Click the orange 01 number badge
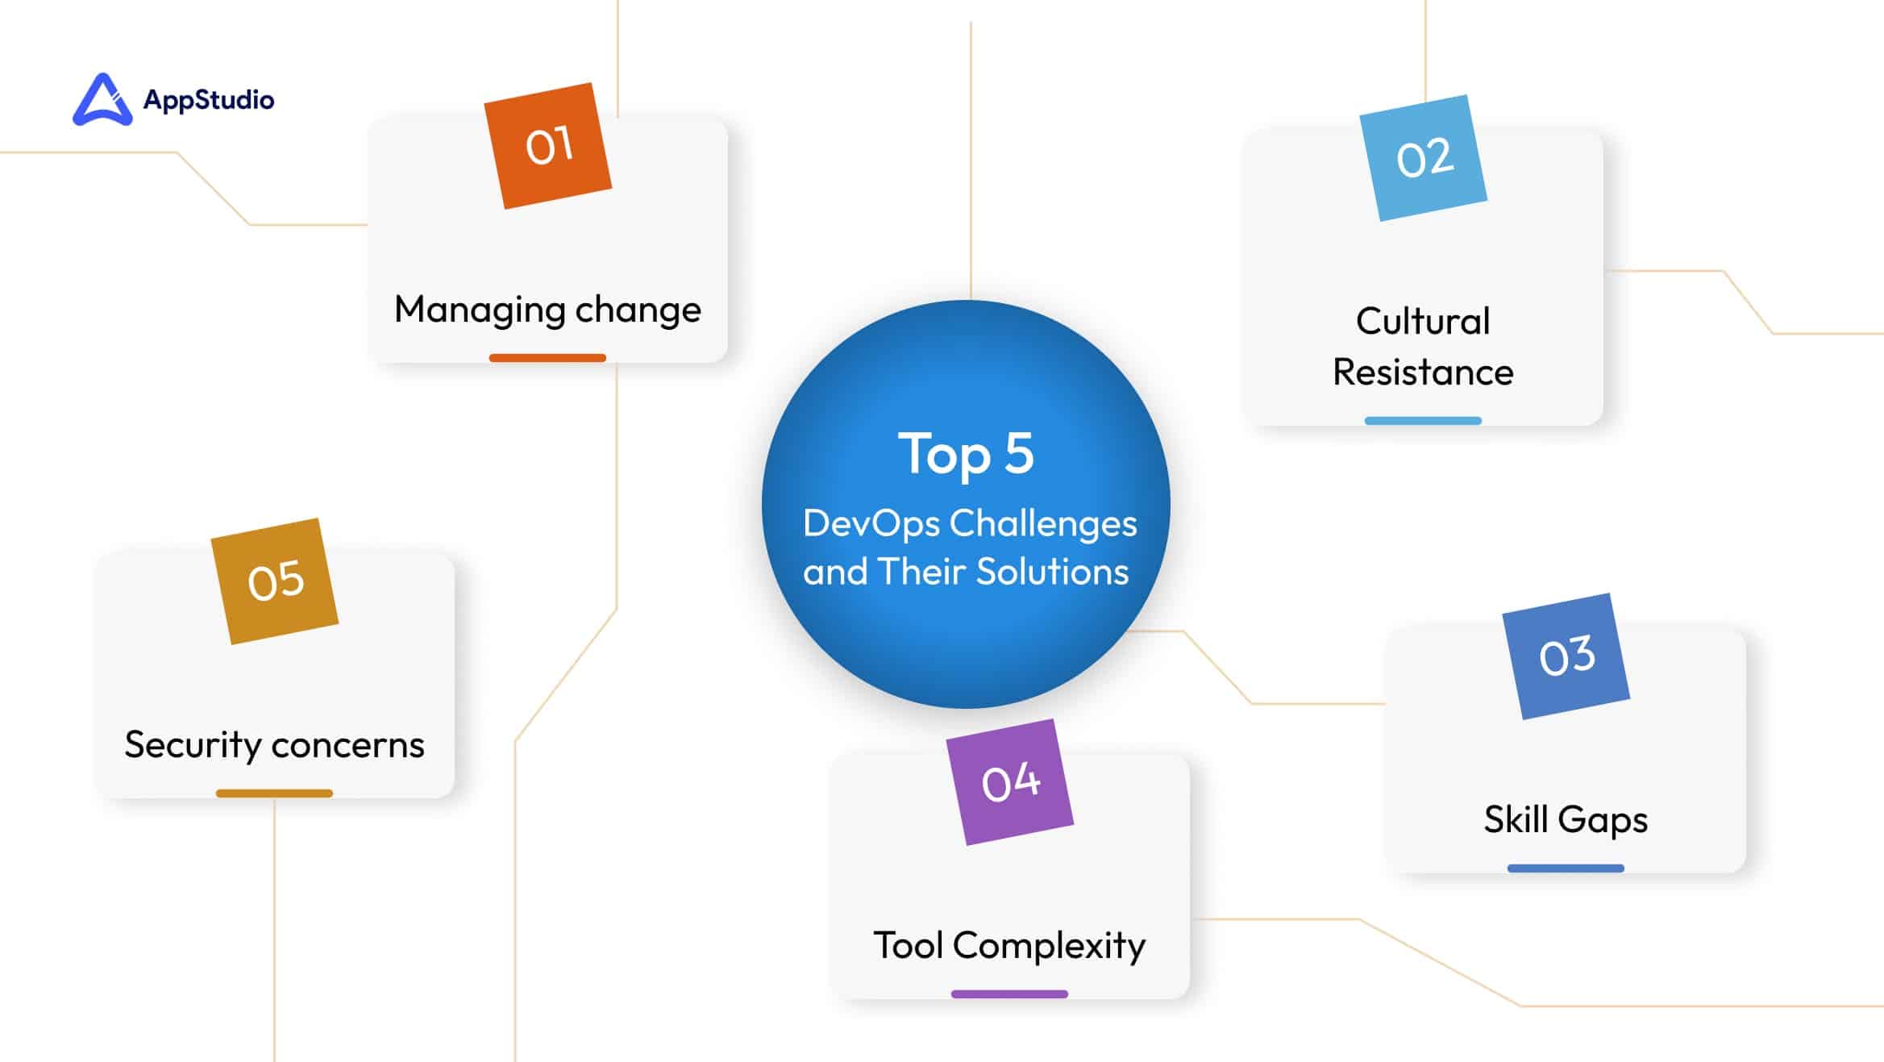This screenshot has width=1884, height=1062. click(x=547, y=146)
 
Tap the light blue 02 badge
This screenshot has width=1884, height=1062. click(x=1424, y=158)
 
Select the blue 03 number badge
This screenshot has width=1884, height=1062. click(x=1566, y=656)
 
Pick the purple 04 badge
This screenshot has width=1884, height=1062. click(x=1010, y=782)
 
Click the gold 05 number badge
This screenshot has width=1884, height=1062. click(x=275, y=581)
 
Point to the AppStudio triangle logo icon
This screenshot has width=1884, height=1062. click(x=102, y=100)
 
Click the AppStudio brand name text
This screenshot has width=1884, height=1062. click(x=209, y=100)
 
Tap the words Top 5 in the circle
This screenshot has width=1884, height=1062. click(x=966, y=453)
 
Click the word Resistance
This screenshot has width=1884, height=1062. click(x=1423, y=373)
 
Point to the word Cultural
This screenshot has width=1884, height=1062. click(x=1423, y=321)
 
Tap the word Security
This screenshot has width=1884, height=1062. click(x=193, y=746)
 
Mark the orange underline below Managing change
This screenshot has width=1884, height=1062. click(x=547, y=358)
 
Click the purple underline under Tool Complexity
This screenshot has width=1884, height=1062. click(x=1009, y=994)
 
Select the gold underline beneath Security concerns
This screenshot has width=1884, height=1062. click(x=274, y=793)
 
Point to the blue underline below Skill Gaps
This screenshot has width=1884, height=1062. click(x=1566, y=868)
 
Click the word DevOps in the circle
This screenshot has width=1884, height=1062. click(x=871, y=524)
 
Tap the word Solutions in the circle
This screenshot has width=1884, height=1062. click(x=1053, y=572)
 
